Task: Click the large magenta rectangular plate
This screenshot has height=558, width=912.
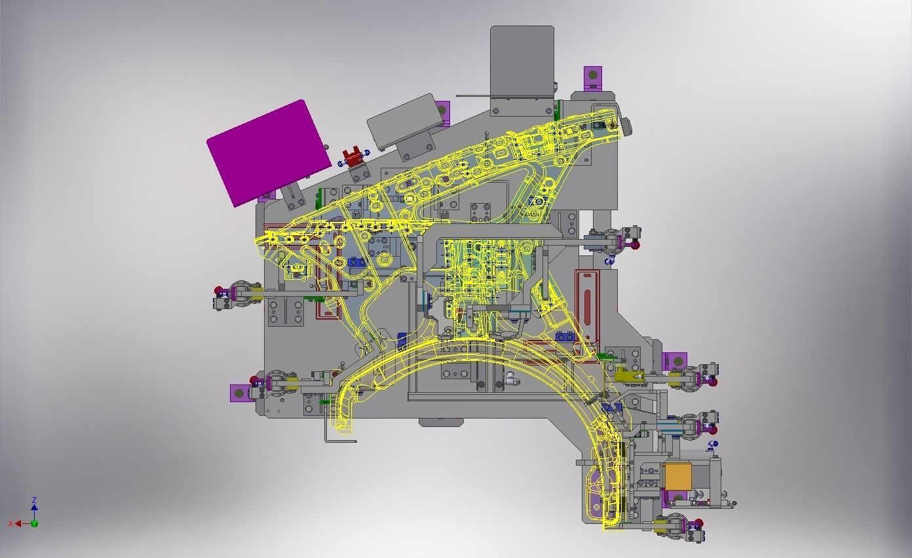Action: [269, 153]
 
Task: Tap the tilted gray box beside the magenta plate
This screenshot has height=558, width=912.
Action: [405, 121]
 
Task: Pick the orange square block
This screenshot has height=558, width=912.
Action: [678, 476]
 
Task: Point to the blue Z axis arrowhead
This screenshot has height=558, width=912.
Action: [35, 507]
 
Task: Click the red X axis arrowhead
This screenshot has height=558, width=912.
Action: [18, 524]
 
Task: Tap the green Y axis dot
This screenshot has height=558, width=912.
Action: [35, 524]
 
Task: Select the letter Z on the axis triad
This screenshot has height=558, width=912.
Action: [35, 500]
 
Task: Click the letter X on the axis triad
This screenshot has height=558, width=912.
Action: [11, 524]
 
